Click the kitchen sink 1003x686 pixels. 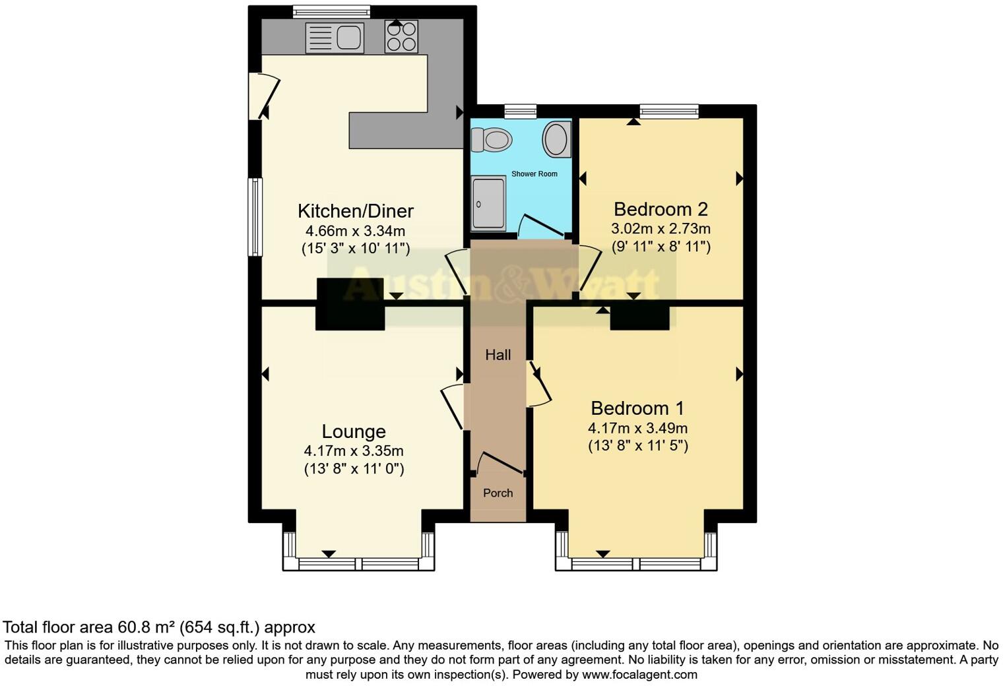click(335, 38)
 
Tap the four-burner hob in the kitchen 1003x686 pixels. click(401, 37)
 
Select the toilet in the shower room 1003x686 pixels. click(492, 139)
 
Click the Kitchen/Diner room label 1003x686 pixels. click(356, 211)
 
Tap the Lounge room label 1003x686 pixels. click(354, 431)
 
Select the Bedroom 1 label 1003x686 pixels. click(637, 408)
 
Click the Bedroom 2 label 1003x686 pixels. click(661, 209)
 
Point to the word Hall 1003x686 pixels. click(498, 355)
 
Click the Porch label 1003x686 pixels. click(498, 493)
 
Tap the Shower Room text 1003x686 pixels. click(534, 174)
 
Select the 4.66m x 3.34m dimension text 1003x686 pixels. click(355, 232)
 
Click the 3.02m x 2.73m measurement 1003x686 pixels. click(661, 229)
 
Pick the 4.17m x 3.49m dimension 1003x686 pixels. click(637, 428)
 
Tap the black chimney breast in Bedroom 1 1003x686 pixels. click(639, 317)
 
